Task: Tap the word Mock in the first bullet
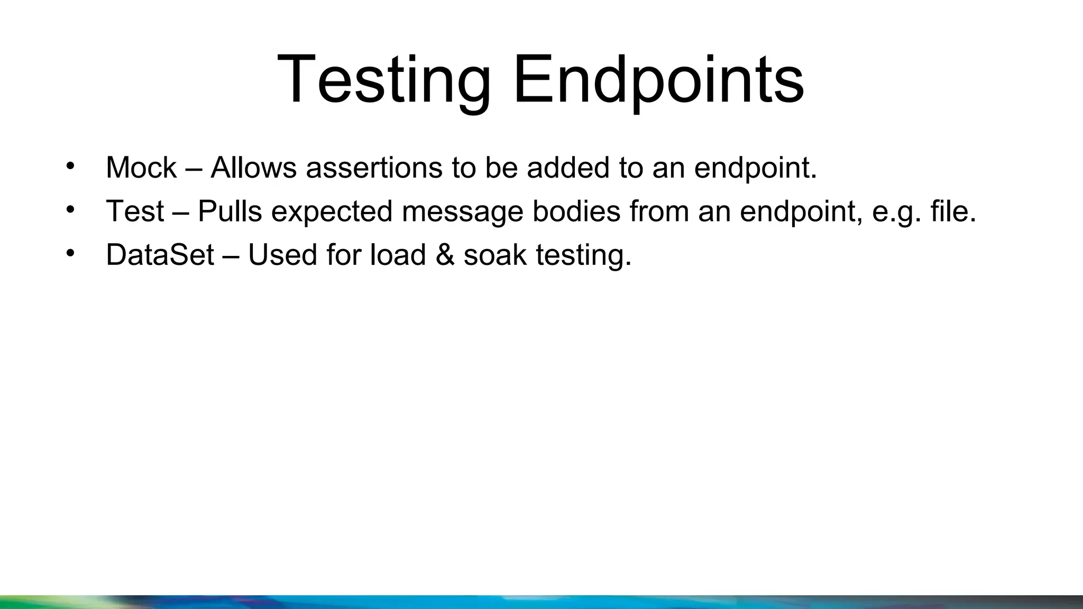point(141,168)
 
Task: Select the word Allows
point(253,168)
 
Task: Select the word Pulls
point(230,211)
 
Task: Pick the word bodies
point(576,211)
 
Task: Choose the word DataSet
point(160,255)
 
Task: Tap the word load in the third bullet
point(398,255)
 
